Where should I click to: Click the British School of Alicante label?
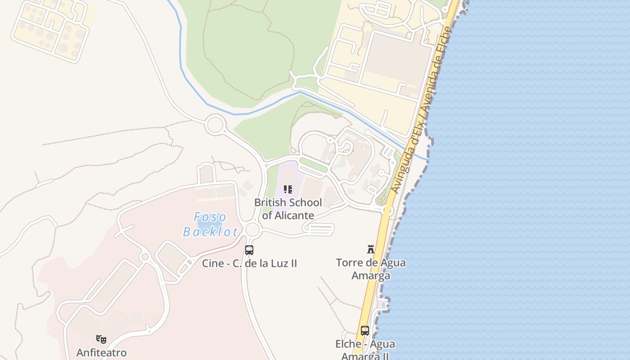(x=288, y=209)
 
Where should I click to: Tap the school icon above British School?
(x=288, y=189)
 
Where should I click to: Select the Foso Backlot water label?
(x=211, y=224)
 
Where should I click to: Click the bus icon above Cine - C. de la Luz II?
(x=249, y=250)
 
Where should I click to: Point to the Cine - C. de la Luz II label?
(x=249, y=263)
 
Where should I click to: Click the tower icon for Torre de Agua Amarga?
(x=371, y=249)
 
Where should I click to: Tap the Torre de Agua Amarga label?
(x=371, y=269)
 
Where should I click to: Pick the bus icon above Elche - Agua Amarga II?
(x=365, y=331)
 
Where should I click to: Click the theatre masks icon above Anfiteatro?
(x=101, y=339)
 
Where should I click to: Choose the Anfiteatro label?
(x=101, y=352)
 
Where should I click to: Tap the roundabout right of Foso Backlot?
(x=252, y=229)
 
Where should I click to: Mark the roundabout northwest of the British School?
(x=215, y=125)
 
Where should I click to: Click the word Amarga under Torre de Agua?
(x=371, y=275)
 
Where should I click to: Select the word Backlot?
(x=211, y=232)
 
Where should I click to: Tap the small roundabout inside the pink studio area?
(x=144, y=257)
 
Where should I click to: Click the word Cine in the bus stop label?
(x=213, y=263)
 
